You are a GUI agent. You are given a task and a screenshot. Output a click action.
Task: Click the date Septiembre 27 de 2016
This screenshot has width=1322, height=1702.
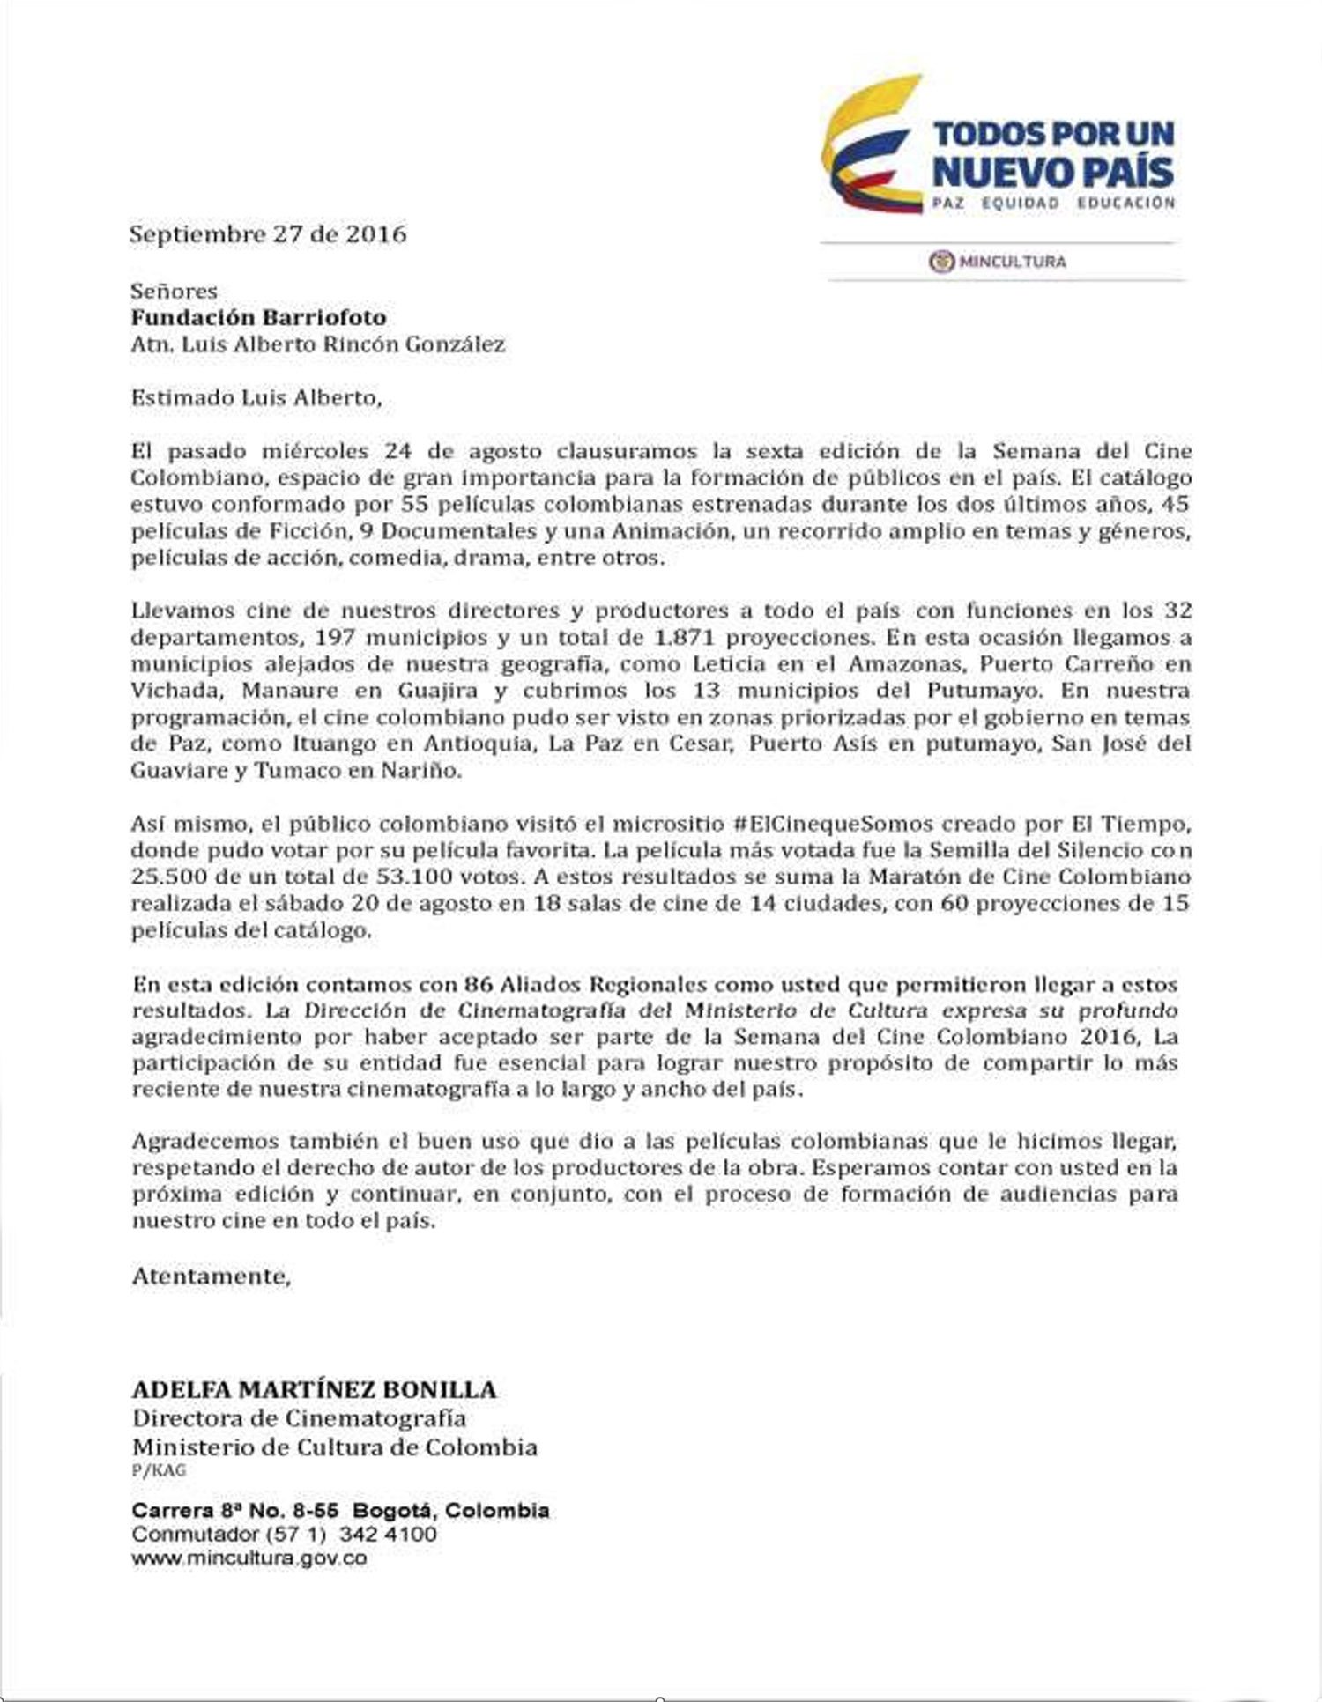(268, 234)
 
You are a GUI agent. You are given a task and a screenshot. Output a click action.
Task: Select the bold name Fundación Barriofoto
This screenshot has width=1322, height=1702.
(258, 317)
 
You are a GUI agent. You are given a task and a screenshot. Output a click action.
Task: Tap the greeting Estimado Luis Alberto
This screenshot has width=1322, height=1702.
(256, 397)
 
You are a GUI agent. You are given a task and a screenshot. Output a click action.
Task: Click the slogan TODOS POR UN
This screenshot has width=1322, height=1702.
(1053, 134)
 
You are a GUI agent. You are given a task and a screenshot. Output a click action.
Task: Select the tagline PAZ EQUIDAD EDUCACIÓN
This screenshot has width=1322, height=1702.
(1053, 203)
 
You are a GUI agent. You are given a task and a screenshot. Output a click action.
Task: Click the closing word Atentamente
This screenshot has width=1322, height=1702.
(211, 1276)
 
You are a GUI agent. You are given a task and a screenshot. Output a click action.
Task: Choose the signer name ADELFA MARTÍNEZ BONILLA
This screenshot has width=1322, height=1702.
(314, 1390)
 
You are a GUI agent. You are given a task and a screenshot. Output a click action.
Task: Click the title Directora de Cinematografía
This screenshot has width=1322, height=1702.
(299, 1418)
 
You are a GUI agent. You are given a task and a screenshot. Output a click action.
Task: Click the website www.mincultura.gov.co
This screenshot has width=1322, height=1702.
(249, 1558)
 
